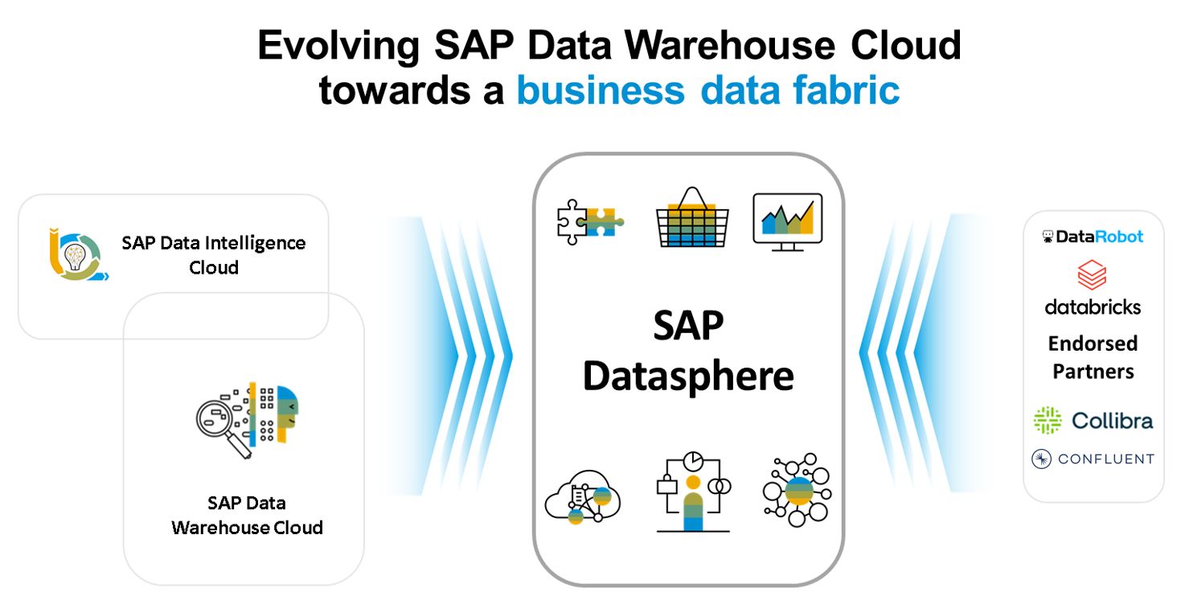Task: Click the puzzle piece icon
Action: [589, 220]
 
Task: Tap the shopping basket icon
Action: [691, 218]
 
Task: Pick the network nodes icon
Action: [797, 490]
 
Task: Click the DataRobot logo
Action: [1093, 237]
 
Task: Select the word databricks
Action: [1093, 307]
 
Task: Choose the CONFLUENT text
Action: [1105, 459]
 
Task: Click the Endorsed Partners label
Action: [1093, 357]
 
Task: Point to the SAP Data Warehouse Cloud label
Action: [247, 515]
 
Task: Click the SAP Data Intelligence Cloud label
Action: [214, 254]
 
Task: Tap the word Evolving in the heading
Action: [338, 46]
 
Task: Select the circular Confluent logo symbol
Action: [1042, 459]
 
